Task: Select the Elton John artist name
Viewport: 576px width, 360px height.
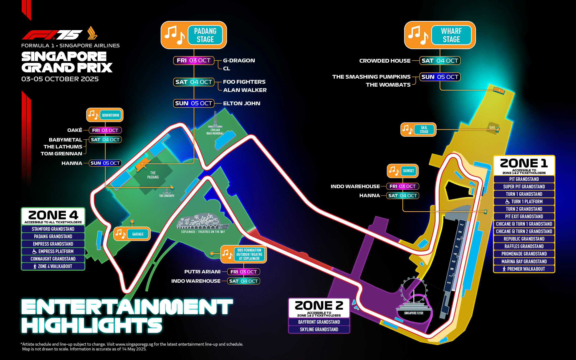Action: click(241, 103)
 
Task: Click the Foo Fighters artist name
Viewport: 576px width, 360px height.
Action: click(244, 82)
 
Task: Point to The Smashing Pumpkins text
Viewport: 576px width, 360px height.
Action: click(371, 77)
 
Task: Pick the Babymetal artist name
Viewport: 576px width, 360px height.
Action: click(66, 140)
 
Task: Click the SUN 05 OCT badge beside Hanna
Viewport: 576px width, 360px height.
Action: click(105, 163)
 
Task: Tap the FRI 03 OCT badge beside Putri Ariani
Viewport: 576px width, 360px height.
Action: click(244, 272)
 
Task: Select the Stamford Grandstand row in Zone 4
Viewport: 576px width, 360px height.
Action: click(53, 229)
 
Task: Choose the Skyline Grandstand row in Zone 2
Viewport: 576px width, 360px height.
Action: click(319, 329)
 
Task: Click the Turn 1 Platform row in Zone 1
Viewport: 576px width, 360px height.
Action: click(524, 201)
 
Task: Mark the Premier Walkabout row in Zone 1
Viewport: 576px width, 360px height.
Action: click(524, 269)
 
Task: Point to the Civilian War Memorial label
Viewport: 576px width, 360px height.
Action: click(215, 132)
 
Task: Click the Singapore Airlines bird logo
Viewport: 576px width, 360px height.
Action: click(92, 33)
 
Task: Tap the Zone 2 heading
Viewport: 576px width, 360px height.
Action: click(319, 305)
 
